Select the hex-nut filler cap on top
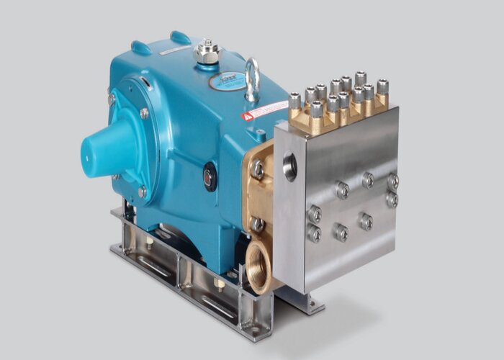(x=207, y=51)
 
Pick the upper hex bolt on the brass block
(x=258, y=170)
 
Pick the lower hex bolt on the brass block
(x=257, y=224)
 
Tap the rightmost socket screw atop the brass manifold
(x=382, y=86)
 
